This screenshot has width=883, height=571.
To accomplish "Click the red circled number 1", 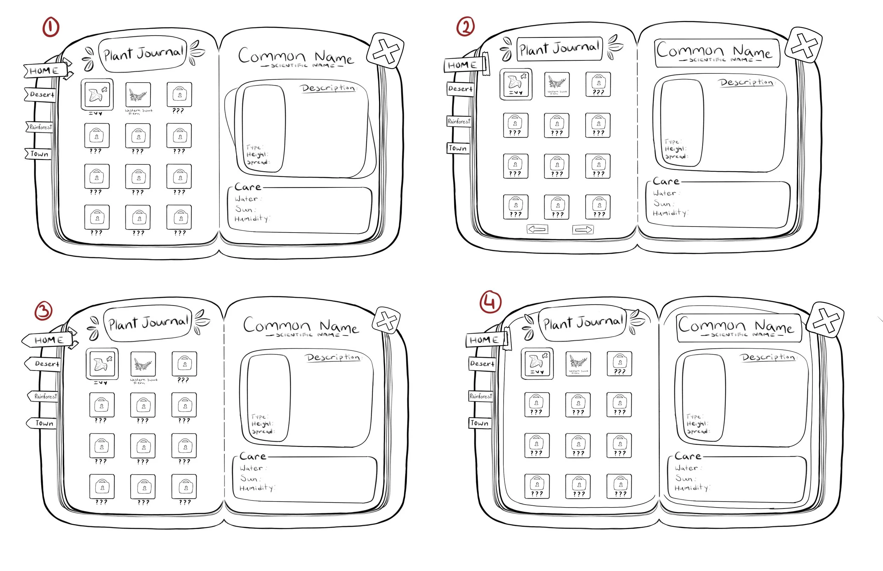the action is tap(51, 28).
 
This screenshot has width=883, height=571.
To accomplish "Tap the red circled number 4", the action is tap(491, 302).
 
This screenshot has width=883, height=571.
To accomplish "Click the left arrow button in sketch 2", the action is tap(537, 229).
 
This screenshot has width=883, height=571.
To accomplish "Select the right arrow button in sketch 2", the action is tap(583, 230).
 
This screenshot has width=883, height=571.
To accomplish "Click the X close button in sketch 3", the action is tap(387, 320).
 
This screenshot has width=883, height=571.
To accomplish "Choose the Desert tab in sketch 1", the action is tap(41, 95).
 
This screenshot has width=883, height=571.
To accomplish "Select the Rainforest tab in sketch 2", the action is tap(459, 121).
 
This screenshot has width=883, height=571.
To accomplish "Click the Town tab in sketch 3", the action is tap(43, 423).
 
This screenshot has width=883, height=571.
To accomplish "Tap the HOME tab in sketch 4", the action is tap(484, 340).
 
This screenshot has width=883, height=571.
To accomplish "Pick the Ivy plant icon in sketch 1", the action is tap(97, 94).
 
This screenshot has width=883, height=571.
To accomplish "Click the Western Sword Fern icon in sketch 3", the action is tap(143, 364).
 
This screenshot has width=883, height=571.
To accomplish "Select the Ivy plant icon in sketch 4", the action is tap(537, 362).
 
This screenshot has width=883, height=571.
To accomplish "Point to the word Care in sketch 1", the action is tap(248, 187).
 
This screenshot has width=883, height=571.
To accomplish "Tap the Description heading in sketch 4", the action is tap(768, 357).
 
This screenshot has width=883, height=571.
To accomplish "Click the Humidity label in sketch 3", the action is tap(256, 488).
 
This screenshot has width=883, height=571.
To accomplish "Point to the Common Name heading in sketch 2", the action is tap(714, 51).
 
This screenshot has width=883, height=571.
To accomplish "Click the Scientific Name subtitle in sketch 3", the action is tap(308, 335).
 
